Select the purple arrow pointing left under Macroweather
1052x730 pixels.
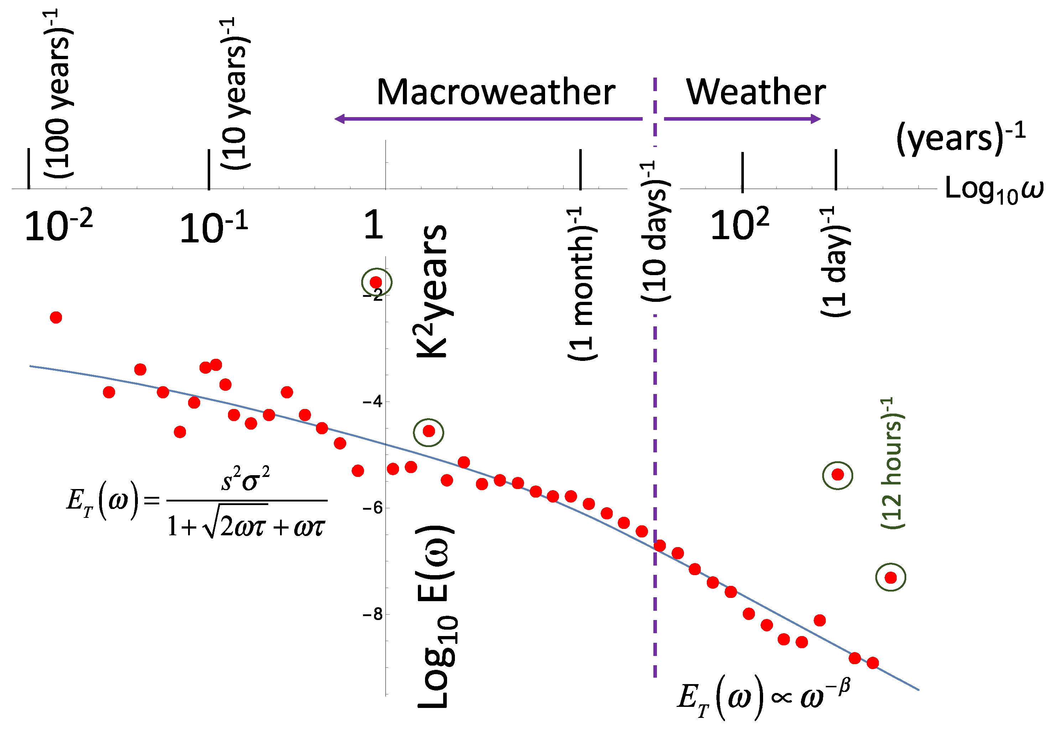(x=488, y=119)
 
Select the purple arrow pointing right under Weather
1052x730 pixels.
(x=742, y=119)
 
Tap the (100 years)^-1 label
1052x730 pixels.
(x=58, y=94)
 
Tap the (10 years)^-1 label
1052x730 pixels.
(x=235, y=94)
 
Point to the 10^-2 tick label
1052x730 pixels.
(x=58, y=226)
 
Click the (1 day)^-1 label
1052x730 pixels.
(x=835, y=262)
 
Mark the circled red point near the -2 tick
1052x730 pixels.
(x=376, y=282)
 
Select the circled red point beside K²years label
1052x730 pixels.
(x=429, y=431)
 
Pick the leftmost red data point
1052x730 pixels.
(x=56, y=317)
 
